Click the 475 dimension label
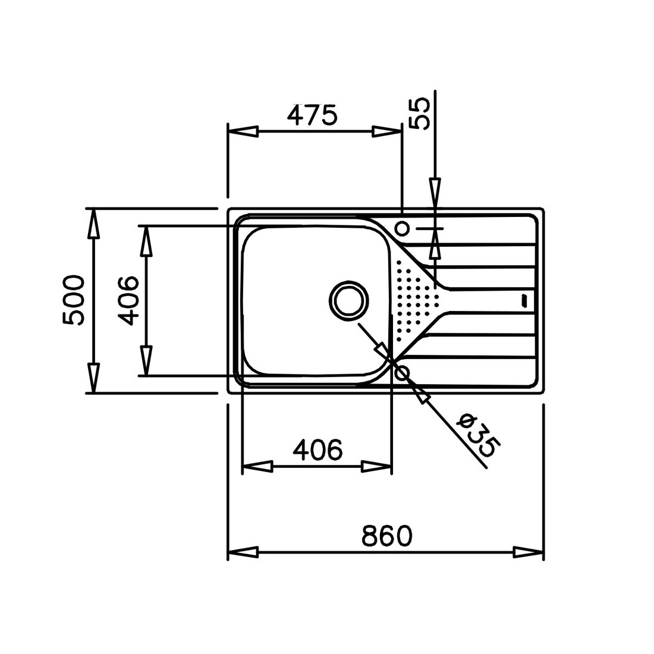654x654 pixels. tap(312, 115)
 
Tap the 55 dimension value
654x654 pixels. tap(419, 114)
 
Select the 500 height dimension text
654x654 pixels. tap(73, 300)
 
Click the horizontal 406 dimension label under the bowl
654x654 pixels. tap(318, 449)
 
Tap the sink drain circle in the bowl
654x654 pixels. tap(348, 300)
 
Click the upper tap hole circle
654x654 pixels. tap(403, 228)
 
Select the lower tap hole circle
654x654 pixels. tap(403, 372)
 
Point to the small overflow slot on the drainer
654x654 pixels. tap(524, 300)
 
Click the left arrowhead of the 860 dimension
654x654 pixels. tap(243, 553)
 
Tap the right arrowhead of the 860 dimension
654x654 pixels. tap(529, 553)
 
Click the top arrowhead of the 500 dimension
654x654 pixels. tap(94, 224)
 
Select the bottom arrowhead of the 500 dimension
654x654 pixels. tap(94, 378)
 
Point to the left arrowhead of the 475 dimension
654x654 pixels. tap(243, 131)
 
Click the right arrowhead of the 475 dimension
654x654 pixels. tap(388, 131)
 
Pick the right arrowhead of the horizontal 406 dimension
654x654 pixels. tap(376, 466)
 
